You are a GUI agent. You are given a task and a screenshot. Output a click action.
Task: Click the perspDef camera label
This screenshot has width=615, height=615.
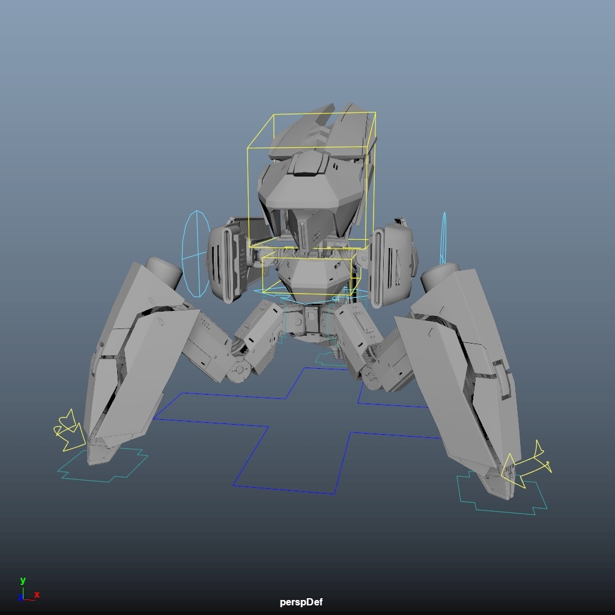[301, 602]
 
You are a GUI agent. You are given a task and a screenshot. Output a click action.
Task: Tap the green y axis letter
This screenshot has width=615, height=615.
[23, 580]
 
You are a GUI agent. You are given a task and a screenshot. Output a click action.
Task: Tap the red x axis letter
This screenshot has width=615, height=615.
[37, 595]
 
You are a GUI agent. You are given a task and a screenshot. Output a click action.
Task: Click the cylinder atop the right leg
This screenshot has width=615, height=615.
[440, 277]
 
